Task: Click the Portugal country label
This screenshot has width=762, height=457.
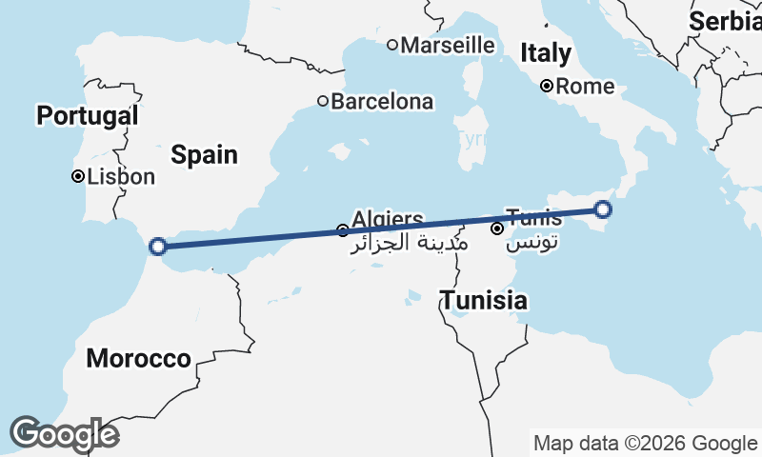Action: (87, 116)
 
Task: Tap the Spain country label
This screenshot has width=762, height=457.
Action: (205, 155)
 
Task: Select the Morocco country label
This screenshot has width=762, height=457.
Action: (138, 359)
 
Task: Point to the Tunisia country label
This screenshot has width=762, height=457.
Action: (483, 301)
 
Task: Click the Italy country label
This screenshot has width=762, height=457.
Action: (546, 52)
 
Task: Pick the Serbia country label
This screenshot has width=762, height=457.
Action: (725, 21)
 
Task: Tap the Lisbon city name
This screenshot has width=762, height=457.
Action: (120, 176)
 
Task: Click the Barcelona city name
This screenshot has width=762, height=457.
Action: (382, 101)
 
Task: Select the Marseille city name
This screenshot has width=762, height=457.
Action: (448, 45)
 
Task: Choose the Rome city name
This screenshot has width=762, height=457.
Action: (585, 87)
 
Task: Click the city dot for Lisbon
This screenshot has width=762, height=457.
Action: (78, 176)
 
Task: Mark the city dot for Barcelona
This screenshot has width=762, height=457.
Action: (323, 101)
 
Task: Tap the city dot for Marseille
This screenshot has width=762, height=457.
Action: (392, 45)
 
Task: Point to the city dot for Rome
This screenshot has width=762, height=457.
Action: (547, 86)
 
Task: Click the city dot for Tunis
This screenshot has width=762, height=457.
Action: (497, 228)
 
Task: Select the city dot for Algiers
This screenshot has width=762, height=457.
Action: (343, 230)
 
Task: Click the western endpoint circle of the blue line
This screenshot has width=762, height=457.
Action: (159, 247)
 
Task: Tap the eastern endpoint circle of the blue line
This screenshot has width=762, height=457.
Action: (603, 209)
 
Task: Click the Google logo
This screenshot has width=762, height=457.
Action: (64, 434)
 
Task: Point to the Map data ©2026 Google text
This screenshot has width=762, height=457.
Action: (645, 443)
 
